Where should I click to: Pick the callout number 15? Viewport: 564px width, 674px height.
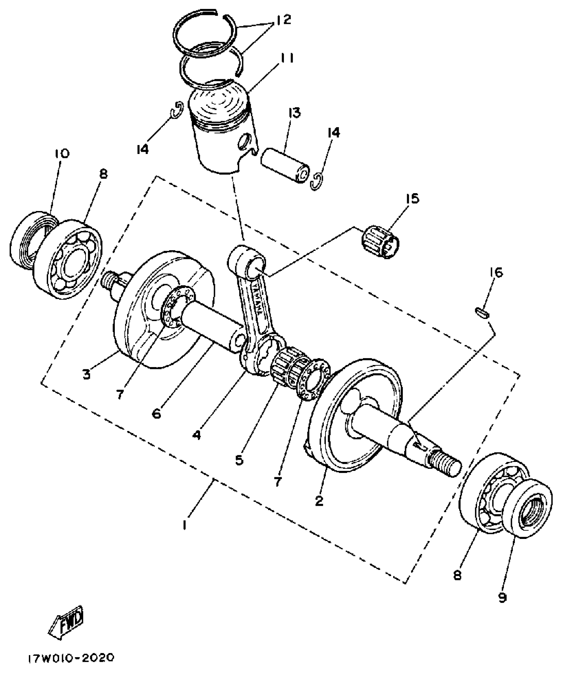coord(411,198)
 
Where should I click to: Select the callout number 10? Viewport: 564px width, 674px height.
coord(61,154)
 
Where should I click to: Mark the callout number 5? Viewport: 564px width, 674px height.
coord(239,460)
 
